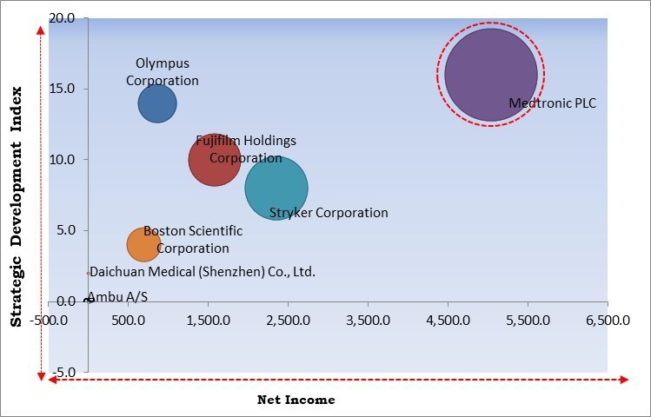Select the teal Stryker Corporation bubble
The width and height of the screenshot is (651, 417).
276,188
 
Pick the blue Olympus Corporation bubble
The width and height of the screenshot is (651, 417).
157,103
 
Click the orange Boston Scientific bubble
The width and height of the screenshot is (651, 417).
143,244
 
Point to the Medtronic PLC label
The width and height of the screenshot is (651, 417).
553,103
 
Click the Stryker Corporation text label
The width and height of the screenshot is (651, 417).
329,213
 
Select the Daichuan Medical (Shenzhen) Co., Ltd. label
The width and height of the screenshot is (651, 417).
203,272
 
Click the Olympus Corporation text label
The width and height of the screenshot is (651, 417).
163,72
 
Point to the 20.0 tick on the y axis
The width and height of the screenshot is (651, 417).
62,18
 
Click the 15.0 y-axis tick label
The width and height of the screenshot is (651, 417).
62,89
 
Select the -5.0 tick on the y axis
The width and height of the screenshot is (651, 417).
62,372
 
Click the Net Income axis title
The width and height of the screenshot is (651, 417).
296,400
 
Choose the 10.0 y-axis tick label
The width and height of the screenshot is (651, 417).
62,160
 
